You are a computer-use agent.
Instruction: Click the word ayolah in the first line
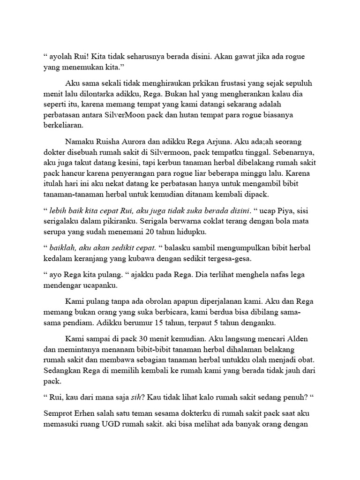pyautogui.click(x=61, y=57)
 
